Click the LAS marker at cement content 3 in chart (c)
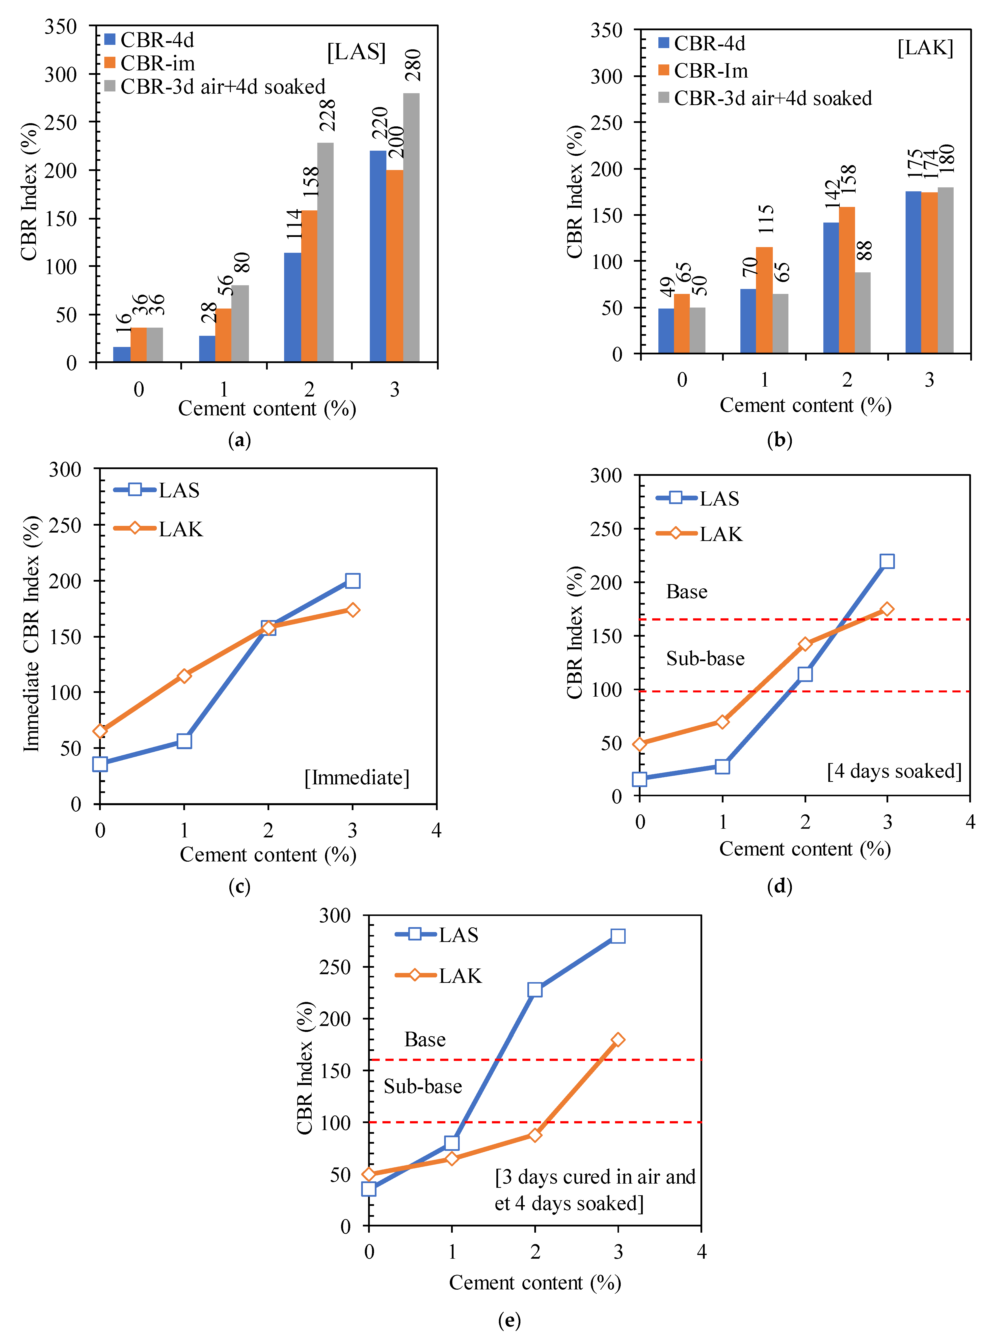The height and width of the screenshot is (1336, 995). (x=352, y=580)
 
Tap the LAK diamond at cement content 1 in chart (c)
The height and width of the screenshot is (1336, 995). (x=184, y=676)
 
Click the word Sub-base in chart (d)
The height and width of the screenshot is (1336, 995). (x=705, y=658)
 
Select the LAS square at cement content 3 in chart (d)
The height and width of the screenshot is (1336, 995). (x=887, y=561)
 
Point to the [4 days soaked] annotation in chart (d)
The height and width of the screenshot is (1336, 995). (x=894, y=771)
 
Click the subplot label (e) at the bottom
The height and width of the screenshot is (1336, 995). (x=509, y=1320)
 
